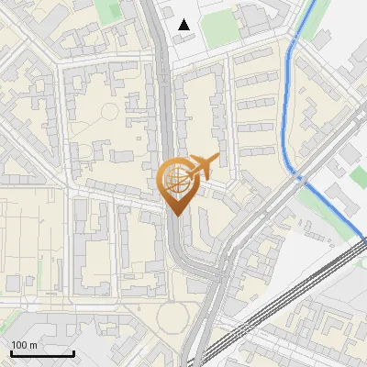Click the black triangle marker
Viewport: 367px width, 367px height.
(185, 25)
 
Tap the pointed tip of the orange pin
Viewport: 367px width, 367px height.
(176, 215)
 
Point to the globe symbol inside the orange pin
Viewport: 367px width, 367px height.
(174, 180)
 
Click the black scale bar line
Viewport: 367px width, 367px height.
(42, 354)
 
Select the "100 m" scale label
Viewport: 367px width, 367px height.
(24, 345)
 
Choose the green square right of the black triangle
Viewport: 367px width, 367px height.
(219, 30)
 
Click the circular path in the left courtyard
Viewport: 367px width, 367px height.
(109, 112)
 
